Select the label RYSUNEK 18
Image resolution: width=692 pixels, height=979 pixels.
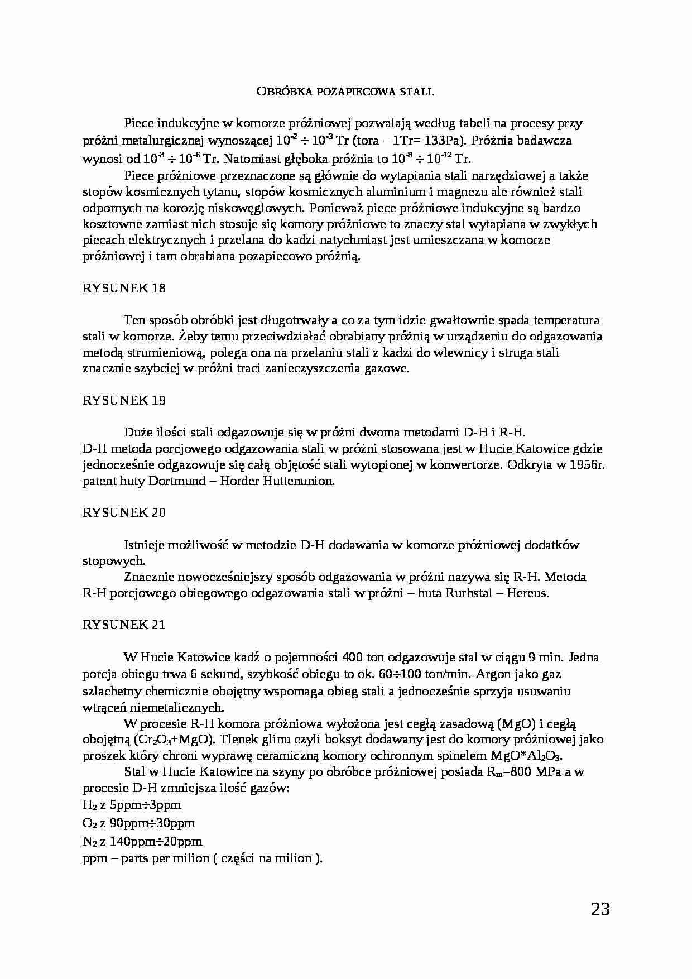click(x=124, y=289)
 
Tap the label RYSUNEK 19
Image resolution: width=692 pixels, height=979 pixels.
click(x=124, y=400)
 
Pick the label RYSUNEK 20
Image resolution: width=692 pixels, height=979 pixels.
click(x=124, y=512)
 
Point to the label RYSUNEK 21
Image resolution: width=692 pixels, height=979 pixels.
click(x=124, y=625)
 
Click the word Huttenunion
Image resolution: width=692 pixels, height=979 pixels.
click(x=301, y=481)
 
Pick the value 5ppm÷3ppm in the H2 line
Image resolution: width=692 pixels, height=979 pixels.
click(x=146, y=805)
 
